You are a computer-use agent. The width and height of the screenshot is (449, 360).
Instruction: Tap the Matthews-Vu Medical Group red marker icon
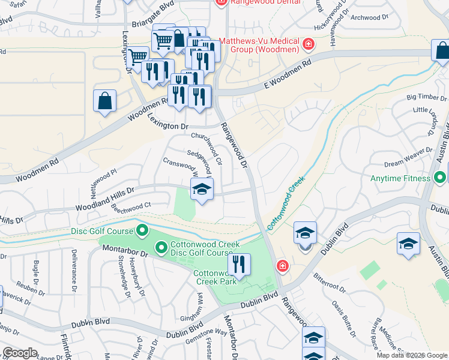pyautogui.click(x=308, y=44)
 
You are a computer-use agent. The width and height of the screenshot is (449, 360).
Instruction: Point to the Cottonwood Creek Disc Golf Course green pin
pyautogui.click(x=161, y=247)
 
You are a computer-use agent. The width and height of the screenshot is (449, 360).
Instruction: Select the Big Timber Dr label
pyautogui.click(x=427, y=97)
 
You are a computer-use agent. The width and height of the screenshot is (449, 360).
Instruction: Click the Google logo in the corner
pyautogui.click(x=19, y=353)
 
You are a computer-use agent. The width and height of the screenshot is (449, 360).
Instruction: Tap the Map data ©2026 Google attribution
pyautogui.click(x=412, y=355)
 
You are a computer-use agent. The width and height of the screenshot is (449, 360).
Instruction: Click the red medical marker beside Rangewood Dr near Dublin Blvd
pyautogui.click(x=282, y=266)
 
